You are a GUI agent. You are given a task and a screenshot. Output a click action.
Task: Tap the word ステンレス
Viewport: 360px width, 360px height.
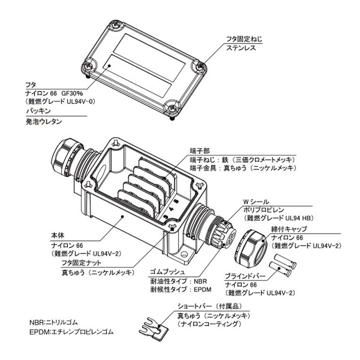point(240,48)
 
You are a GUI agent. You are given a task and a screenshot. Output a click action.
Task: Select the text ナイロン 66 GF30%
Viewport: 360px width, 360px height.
point(58,94)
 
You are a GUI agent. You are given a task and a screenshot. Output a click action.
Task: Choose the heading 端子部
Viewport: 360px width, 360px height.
point(200,151)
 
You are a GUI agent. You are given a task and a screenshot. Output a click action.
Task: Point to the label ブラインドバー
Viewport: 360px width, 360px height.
point(245,276)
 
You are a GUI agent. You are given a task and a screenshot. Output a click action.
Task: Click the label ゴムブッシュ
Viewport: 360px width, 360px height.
point(167,273)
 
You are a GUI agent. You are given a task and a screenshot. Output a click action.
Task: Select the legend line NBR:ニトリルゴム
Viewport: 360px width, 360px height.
point(54,322)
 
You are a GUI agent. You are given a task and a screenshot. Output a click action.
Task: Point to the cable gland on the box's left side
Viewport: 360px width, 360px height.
point(67,157)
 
